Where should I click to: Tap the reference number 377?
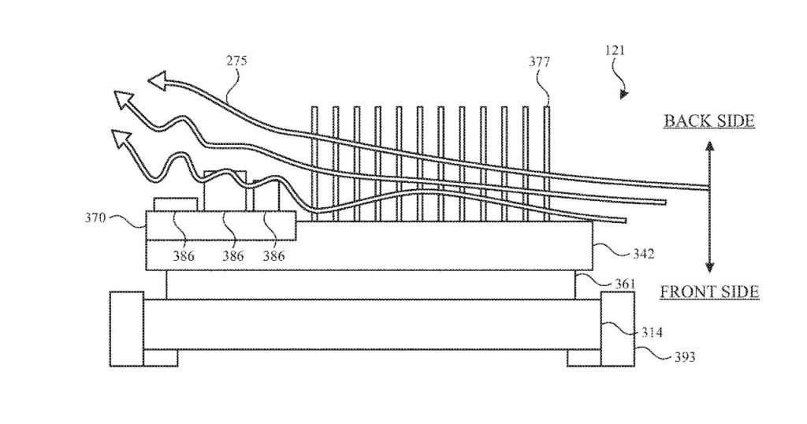tap(540, 61)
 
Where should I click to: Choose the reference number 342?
tap(642, 254)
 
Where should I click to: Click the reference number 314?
tap(651, 333)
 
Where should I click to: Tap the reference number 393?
tap(682, 357)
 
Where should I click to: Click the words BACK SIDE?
tap(709, 121)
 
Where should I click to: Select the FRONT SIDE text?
tap(709, 292)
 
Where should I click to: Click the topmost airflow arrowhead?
tap(158, 80)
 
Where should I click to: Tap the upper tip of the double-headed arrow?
tap(709, 145)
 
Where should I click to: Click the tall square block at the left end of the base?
tap(126, 329)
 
